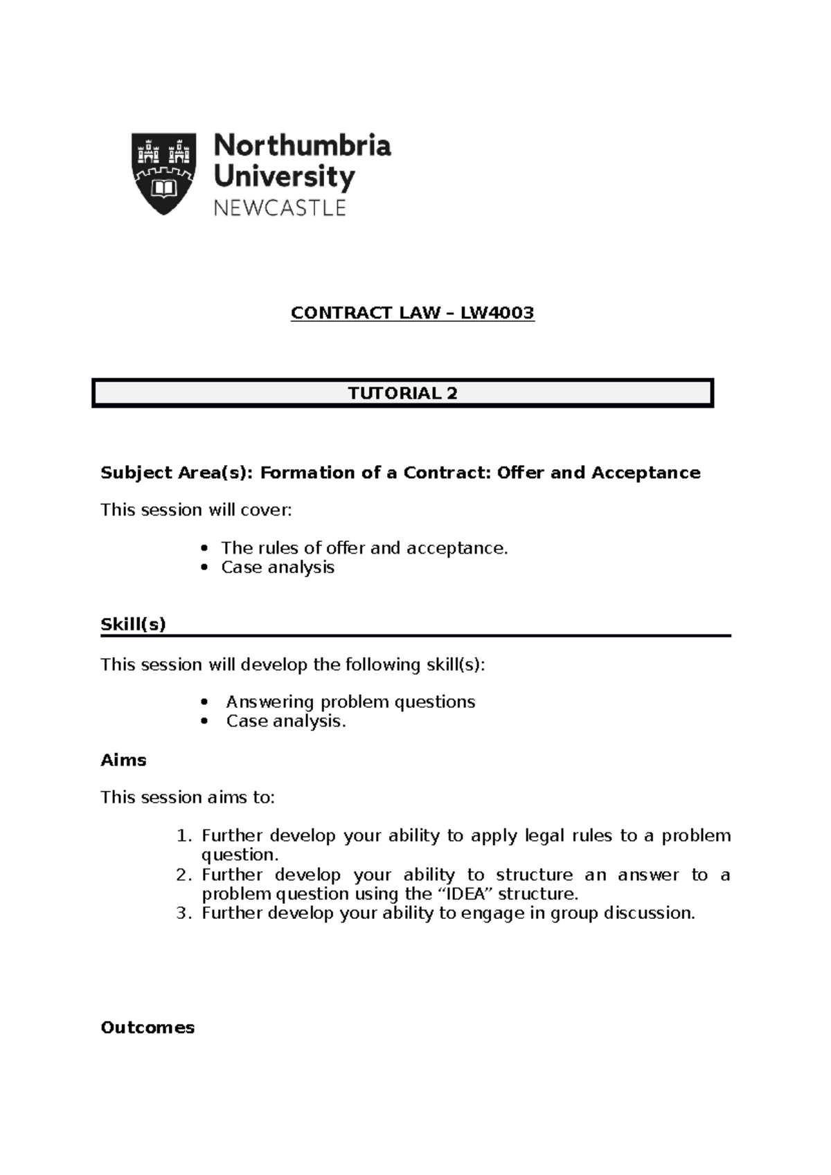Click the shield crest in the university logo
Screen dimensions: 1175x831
[x=163, y=173]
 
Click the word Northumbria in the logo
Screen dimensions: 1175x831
[x=303, y=145]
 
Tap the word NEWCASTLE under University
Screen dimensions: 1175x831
[x=279, y=208]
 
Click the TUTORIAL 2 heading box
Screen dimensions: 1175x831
[x=402, y=393]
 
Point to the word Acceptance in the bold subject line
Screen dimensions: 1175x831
[x=645, y=473]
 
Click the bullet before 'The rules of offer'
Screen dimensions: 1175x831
[x=204, y=549]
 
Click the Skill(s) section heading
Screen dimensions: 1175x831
[x=133, y=624]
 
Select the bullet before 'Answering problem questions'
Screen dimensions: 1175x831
[x=204, y=702]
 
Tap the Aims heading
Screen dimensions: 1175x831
[x=123, y=760]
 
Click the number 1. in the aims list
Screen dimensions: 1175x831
[x=184, y=836]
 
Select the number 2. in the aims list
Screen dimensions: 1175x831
[x=184, y=875]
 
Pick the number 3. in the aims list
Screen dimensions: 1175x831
[x=184, y=913]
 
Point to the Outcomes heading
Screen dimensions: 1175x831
[x=148, y=1028]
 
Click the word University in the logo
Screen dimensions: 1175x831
[x=284, y=176]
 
